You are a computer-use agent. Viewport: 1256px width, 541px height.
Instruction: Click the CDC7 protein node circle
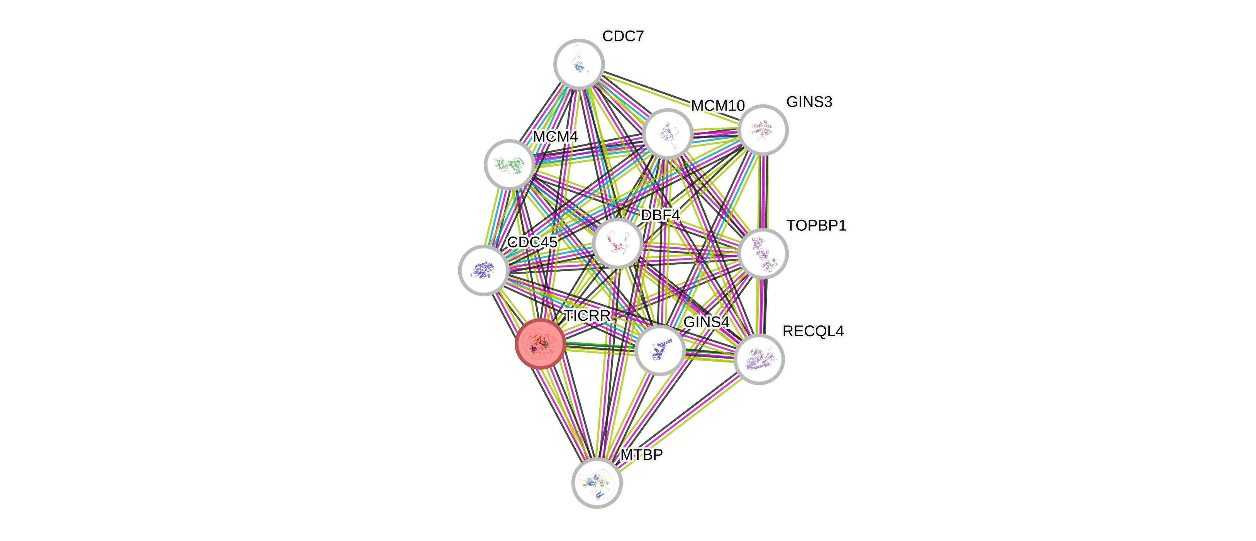(579, 64)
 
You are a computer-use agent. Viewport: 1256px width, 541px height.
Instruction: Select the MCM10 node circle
(668, 134)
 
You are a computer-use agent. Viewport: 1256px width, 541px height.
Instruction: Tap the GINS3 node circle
(763, 130)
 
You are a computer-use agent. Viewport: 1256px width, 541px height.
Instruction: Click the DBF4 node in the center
(617, 243)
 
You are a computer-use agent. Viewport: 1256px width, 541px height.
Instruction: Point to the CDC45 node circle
(483, 270)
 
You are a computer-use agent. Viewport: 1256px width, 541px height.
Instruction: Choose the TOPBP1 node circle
(763, 253)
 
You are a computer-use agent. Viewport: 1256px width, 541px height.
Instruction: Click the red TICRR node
(540, 344)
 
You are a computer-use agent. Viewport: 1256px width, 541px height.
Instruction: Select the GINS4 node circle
(660, 350)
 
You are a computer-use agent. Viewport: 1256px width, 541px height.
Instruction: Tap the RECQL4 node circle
(759, 359)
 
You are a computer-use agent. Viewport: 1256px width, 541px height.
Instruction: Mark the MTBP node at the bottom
(597, 483)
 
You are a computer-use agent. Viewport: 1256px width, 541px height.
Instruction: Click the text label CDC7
(623, 36)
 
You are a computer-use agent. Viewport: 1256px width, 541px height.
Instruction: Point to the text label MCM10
(718, 105)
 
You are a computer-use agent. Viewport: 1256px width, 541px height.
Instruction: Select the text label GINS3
(809, 102)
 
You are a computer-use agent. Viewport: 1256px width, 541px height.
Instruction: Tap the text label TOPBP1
(816, 225)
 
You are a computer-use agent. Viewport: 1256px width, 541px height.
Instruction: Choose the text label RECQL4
(813, 331)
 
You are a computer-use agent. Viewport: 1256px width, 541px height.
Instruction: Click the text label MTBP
(641, 455)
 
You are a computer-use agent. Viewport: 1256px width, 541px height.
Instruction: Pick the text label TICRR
(587, 316)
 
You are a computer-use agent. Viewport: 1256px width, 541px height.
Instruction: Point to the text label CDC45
(532, 242)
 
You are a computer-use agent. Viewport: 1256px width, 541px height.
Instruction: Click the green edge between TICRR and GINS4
(600, 345)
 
